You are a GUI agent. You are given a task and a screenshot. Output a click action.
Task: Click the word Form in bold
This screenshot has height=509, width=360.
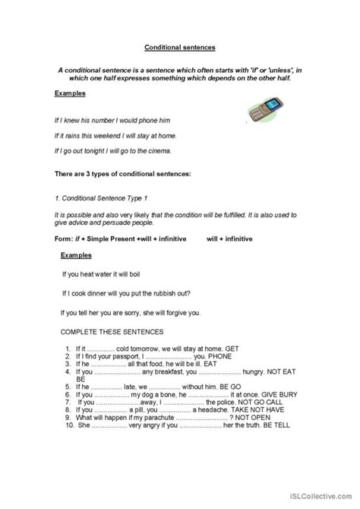65,239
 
